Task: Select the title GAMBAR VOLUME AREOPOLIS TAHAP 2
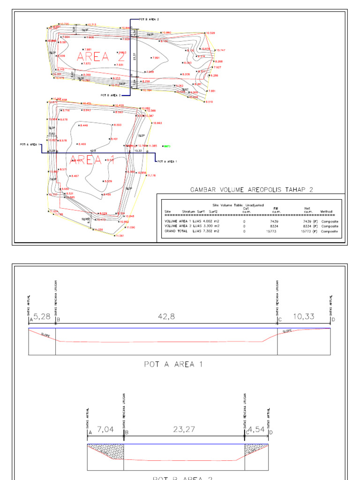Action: click(251, 189)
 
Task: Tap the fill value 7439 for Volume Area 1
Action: click(276, 221)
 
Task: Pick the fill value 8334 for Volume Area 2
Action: click(276, 226)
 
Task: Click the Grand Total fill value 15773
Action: click(274, 231)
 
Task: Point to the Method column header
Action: click(326, 212)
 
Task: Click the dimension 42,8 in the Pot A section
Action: click(166, 316)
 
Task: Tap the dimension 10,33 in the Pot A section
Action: click(304, 317)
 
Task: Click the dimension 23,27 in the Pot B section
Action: click(184, 428)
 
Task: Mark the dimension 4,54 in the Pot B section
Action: click(256, 428)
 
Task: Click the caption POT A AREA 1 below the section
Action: click(173, 364)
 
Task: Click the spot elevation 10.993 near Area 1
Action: click(157, 123)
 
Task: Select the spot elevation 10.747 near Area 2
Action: click(220, 50)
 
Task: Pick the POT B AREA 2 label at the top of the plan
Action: click(149, 19)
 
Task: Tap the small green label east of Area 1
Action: click(167, 146)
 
